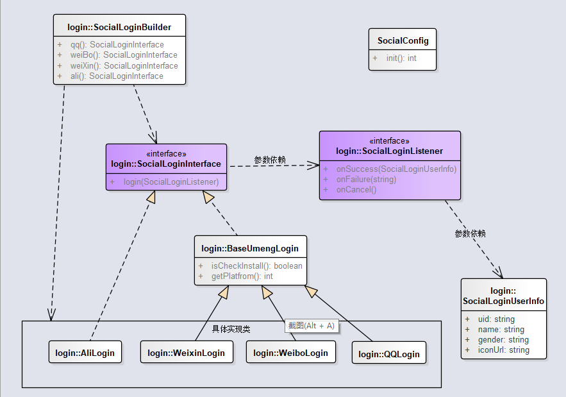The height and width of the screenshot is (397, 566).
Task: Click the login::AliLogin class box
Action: (x=85, y=352)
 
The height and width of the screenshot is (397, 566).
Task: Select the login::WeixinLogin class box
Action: (x=187, y=352)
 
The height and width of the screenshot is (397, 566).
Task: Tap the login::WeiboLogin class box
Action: (x=291, y=352)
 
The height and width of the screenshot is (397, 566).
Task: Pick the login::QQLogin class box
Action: (x=389, y=353)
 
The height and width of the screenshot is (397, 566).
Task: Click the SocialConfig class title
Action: (x=403, y=40)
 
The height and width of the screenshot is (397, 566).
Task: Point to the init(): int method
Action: (x=401, y=58)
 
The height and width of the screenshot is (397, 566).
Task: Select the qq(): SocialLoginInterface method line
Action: (x=117, y=44)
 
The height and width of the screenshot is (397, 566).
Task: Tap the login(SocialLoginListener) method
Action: (x=171, y=182)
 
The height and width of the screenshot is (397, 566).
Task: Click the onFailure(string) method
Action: (x=367, y=179)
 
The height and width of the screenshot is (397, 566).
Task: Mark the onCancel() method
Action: (x=356, y=190)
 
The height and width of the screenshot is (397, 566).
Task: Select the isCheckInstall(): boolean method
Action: (x=256, y=266)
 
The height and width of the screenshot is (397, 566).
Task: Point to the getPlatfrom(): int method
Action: (x=242, y=276)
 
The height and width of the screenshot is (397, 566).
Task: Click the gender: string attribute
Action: (x=503, y=339)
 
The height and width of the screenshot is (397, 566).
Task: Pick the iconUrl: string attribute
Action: (x=504, y=350)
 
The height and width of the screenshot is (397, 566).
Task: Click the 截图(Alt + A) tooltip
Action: (x=312, y=326)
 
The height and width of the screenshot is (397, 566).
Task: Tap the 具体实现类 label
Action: (x=231, y=329)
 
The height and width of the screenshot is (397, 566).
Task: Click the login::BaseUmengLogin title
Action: (x=250, y=249)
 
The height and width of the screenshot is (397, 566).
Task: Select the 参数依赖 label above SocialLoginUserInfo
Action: (x=470, y=233)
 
